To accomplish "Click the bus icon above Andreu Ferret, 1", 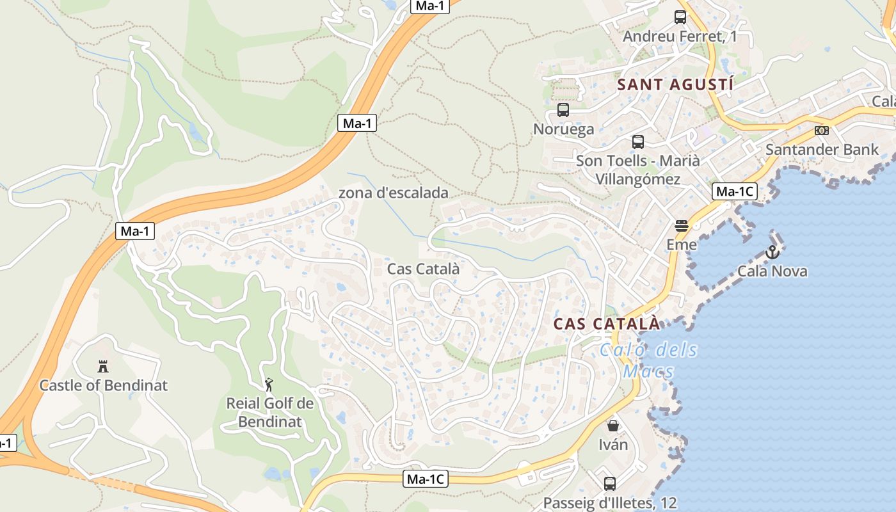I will [680, 17].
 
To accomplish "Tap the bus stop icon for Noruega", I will [563, 110].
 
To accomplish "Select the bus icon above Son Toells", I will [638, 142].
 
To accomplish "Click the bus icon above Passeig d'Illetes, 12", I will [610, 484].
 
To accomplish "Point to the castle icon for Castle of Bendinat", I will [102, 367].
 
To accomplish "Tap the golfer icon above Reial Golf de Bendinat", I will [269, 385].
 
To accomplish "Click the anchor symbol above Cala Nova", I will [772, 252].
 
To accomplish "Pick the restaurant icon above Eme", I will [682, 226].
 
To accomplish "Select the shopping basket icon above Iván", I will [613, 426].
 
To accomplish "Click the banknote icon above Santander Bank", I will [822, 131].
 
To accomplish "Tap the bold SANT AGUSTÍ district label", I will [675, 84].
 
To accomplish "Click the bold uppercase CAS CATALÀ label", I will [606, 324].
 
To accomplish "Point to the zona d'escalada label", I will [393, 193].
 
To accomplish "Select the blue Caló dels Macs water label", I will [649, 360].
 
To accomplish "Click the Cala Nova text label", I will [772, 271].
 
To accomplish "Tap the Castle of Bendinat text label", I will [103, 385].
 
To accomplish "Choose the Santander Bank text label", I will [822, 150].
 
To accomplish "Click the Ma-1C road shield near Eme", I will [735, 191].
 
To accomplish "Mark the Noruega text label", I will [563, 129].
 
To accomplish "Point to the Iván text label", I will [613, 444].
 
